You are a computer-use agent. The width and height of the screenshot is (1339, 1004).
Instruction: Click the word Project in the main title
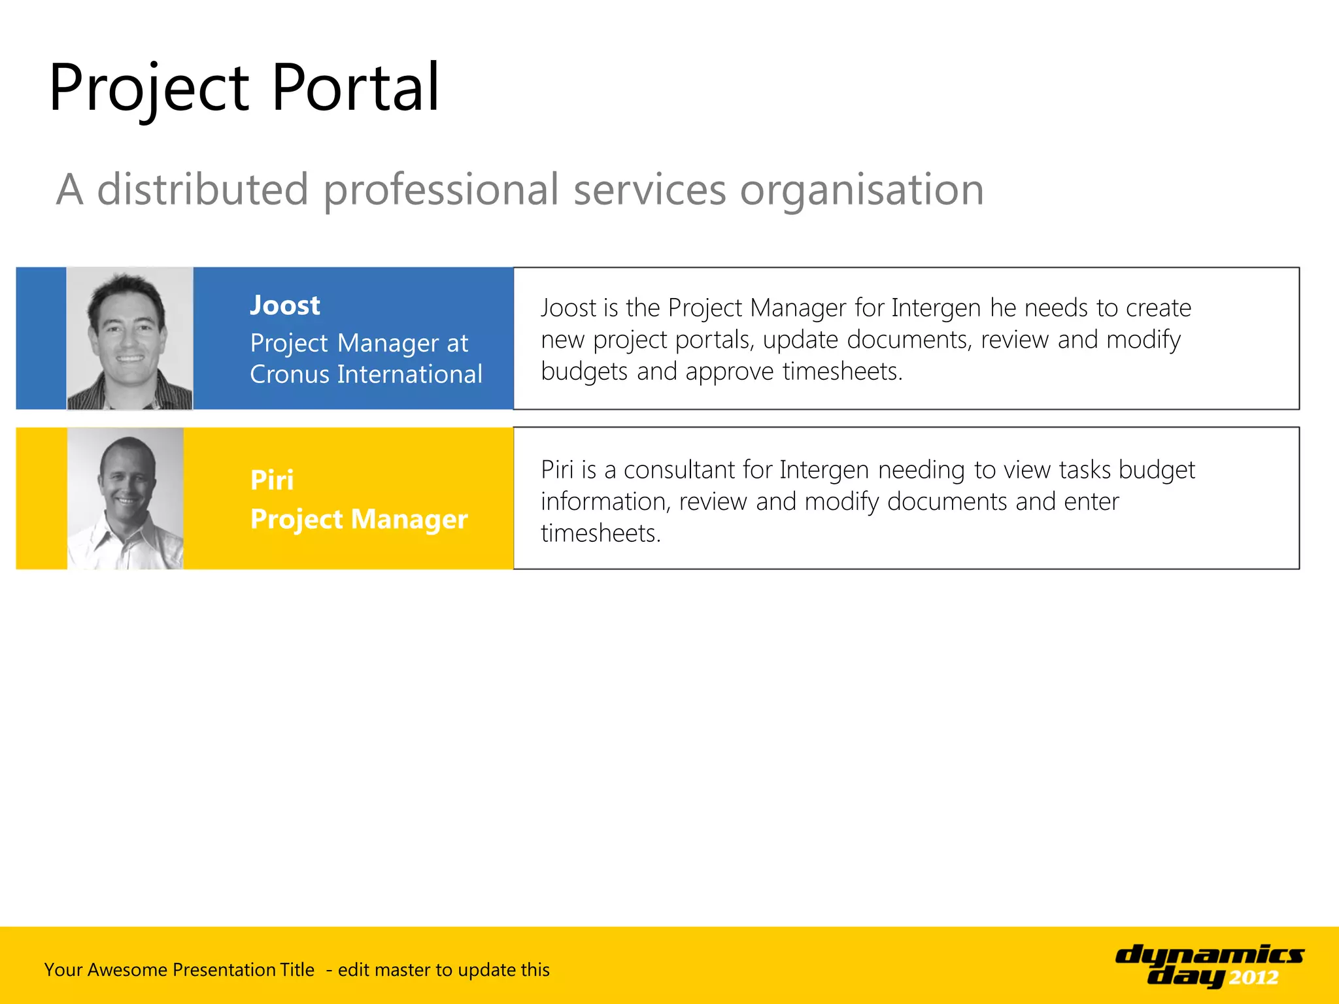click(x=148, y=88)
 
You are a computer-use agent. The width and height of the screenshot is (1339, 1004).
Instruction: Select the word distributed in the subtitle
click(x=203, y=190)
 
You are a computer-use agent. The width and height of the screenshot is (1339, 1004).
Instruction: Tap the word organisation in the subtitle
click(x=862, y=190)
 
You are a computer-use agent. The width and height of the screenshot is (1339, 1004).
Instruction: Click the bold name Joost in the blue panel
click(x=285, y=305)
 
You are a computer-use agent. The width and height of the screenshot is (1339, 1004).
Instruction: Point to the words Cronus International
click(x=365, y=375)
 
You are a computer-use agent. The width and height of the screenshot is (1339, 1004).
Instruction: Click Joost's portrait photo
click(x=129, y=339)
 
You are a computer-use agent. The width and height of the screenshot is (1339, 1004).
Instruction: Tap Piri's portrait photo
click(x=126, y=499)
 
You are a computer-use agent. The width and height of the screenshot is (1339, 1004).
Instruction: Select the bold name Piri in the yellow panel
click(x=272, y=480)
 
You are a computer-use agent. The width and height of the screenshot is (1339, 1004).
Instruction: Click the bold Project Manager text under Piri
click(x=359, y=519)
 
